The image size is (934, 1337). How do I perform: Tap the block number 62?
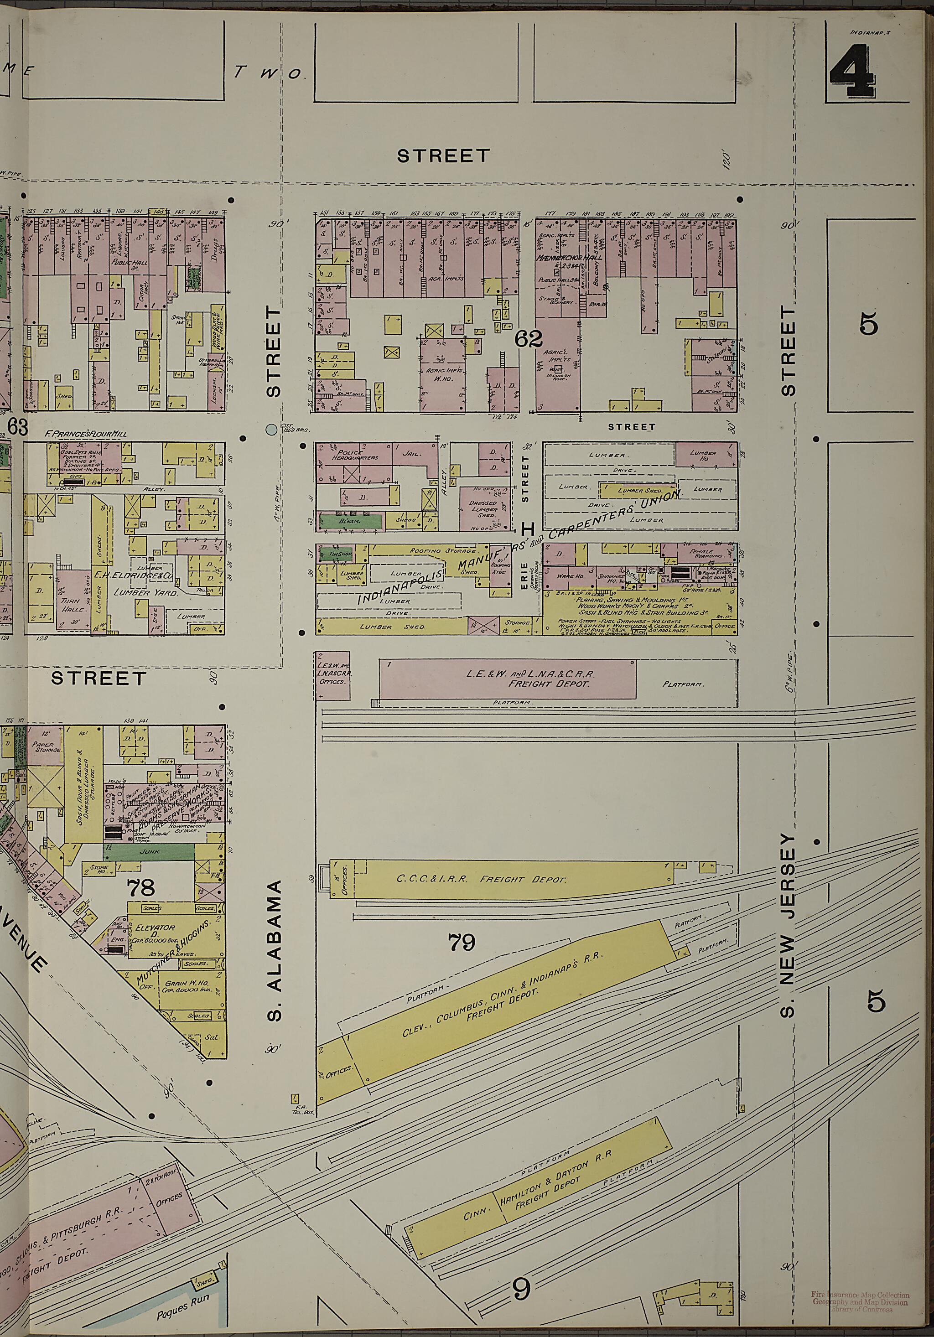pos(529,338)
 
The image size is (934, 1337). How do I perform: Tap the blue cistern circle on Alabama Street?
pos(270,430)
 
